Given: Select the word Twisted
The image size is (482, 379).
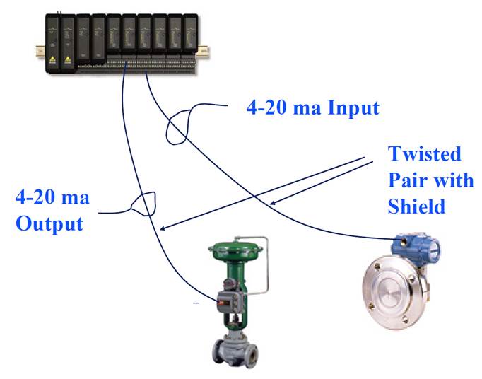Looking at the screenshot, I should click(424, 154).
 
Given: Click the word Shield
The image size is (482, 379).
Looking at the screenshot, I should click(417, 206).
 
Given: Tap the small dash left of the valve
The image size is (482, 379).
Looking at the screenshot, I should click(196, 303).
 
